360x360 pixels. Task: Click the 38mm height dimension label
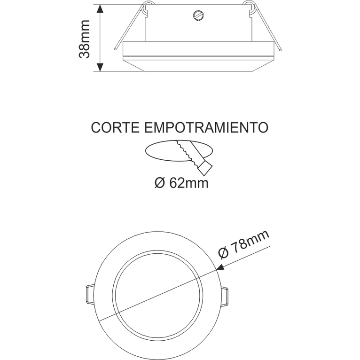coord(85,39)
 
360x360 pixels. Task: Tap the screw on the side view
coord(198,16)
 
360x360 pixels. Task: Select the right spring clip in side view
coord(266,26)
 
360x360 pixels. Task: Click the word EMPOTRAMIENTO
coord(205,127)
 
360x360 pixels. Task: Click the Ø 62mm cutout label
coord(181,183)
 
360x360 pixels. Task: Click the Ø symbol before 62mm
coord(158,183)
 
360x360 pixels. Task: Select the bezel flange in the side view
coord(198,50)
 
